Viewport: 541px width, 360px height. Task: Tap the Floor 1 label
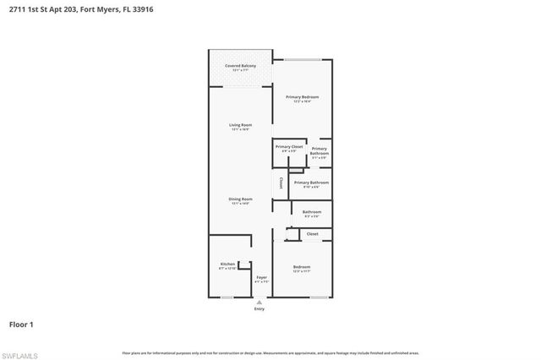point(21,324)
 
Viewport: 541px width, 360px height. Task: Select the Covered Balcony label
point(240,66)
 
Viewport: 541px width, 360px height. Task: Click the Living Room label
point(240,126)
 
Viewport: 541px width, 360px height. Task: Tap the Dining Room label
point(240,199)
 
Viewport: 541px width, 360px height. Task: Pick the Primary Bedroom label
point(302,98)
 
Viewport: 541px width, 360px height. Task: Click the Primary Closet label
point(288,146)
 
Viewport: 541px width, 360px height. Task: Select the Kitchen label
point(227,265)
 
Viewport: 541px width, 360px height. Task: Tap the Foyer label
point(261,277)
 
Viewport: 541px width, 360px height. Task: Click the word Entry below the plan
point(260,309)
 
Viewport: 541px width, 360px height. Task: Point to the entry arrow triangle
point(260,302)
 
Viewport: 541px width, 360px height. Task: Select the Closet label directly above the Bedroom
point(312,233)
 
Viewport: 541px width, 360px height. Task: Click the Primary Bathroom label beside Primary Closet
point(319,151)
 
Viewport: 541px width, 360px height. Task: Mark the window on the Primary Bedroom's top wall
point(301,60)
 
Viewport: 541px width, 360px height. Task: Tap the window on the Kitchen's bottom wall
point(227,297)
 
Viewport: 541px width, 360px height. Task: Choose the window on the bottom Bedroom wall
point(319,297)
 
